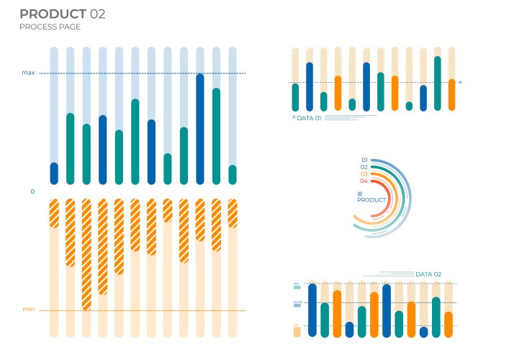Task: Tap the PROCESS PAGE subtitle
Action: (x=50, y=27)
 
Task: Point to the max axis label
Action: (x=28, y=73)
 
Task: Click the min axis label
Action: (x=28, y=310)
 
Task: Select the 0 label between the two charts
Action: (x=32, y=192)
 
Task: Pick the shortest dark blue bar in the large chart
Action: (x=54, y=174)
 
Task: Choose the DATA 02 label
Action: (x=428, y=274)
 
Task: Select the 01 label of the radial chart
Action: (x=364, y=160)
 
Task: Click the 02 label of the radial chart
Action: (x=364, y=167)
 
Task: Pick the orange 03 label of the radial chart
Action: (x=364, y=174)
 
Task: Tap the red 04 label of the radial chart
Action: (x=364, y=181)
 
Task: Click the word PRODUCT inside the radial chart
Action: (x=372, y=200)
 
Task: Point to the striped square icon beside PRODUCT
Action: (x=360, y=194)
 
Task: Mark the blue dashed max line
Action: (x=144, y=73)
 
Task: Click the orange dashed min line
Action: (x=144, y=310)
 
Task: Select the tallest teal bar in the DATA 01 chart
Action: (x=438, y=83)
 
